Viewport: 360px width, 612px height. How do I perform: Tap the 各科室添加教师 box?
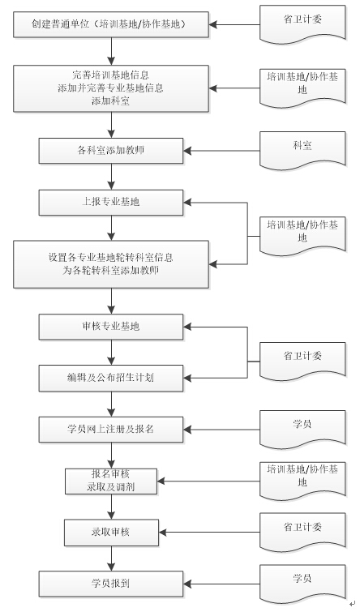pyautogui.click(x=111, y=150)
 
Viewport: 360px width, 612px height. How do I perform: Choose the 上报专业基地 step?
pyautogui.click(x=111, y=202)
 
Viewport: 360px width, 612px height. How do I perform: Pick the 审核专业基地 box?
pyautogui.click(x=111, y=327)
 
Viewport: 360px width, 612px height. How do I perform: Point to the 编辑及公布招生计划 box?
pyautogui.click(x=111, y=377)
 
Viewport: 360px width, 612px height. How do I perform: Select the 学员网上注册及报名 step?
pyautogui.click(x=111, y=428)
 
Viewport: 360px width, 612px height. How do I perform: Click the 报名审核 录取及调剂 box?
pyautogui.click(x=111, y=480)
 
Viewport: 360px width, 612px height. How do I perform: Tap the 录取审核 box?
pyautogui.click(x=111, y=532)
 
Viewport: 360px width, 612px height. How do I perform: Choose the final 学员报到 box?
pyautogui.click(x=111, y=583)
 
